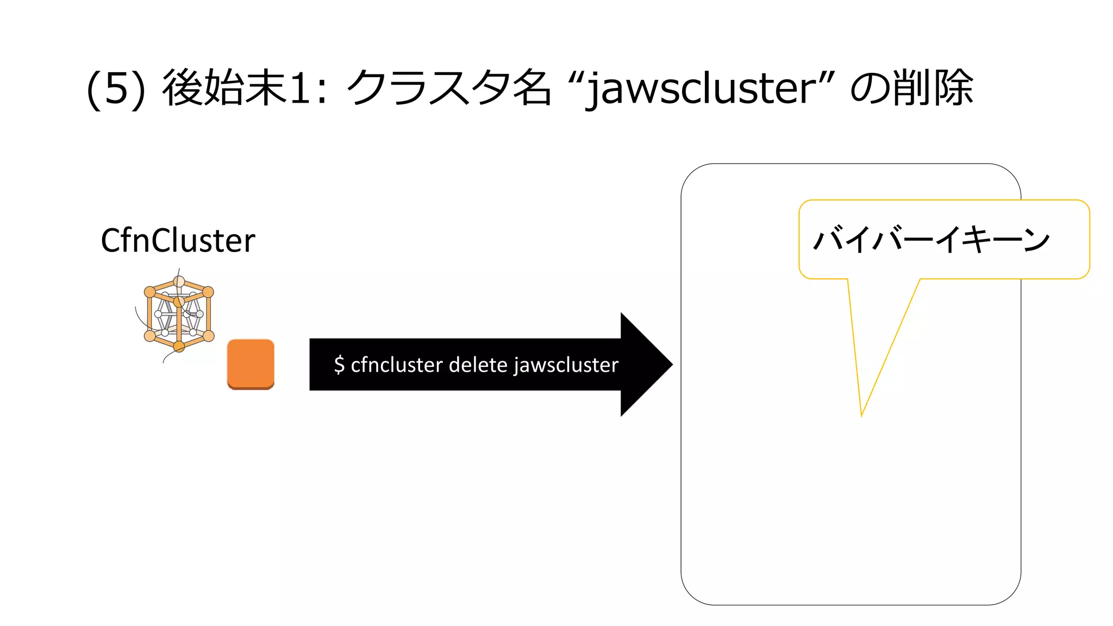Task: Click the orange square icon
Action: click(x=251, y=364)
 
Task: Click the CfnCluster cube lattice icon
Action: click(x=179, y=314)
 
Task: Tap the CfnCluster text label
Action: click(x=178, y=240)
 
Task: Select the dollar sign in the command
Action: click(x=339, y=365)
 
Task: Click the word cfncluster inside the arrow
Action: click(x=396, y=365)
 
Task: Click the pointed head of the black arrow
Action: click(x=652, y=365)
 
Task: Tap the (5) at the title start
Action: click(x=116, y=89)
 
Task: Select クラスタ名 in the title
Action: click(x=448, y=89)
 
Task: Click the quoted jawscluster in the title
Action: click(x=701, y=89)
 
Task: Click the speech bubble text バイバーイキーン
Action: click(x=931, y=240)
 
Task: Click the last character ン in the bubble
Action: click(x=1036, y=240)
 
